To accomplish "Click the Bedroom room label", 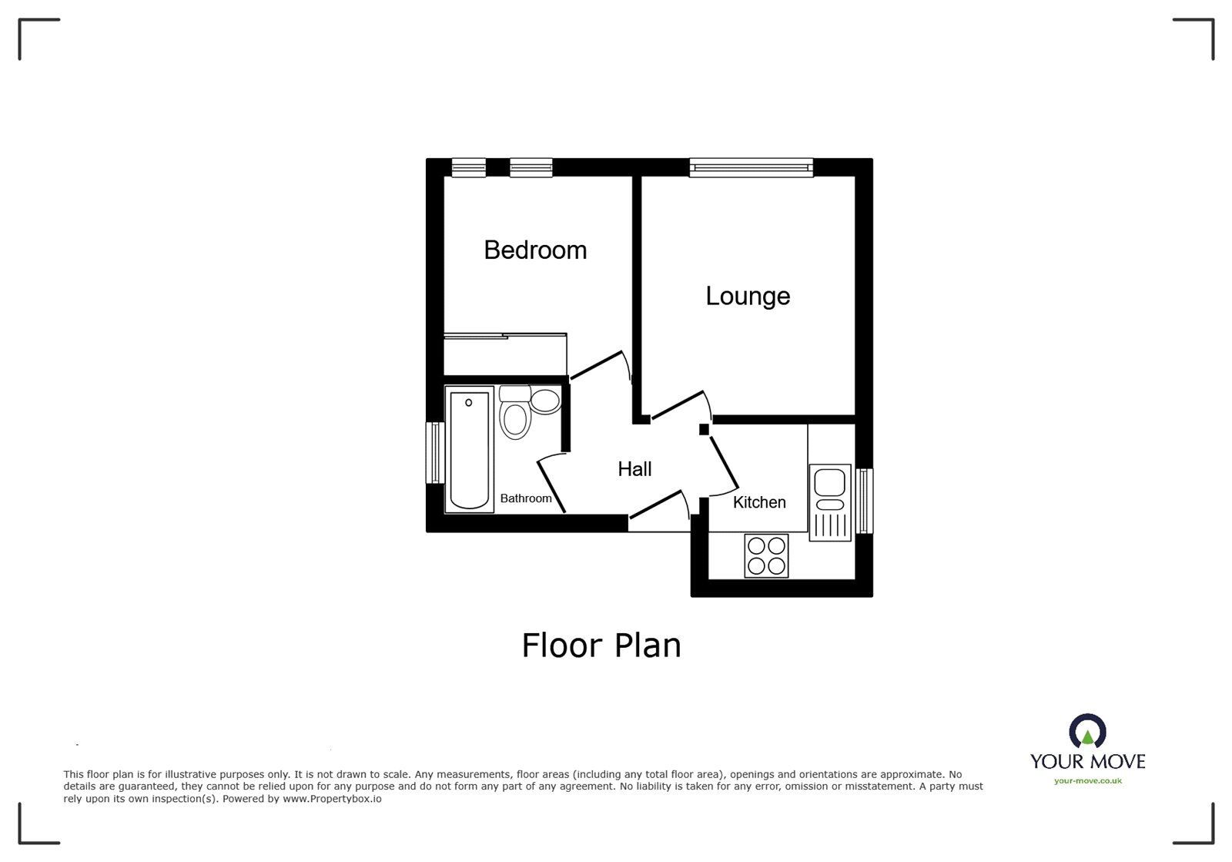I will pos(535,250).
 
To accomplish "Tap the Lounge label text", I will pos(748,297).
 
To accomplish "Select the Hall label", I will pos(634,469).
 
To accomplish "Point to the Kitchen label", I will pos(759,502).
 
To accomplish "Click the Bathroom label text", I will pos(526,498).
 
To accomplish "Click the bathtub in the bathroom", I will pos(470,450).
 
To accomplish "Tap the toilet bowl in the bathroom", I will pos(514,421).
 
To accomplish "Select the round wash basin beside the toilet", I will pos(545,401).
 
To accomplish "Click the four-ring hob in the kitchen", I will pos(766,556).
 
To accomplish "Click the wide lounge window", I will pos(751,167).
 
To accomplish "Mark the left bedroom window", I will pos(469,167).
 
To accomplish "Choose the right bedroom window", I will pos(531,167).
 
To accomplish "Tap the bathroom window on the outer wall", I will pos(436,453).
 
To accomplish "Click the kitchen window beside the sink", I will pos(865,501).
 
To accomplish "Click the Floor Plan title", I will pos(601,646).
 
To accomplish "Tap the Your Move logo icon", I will pos(1087,732).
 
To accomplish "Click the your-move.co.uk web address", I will pos(1087,781).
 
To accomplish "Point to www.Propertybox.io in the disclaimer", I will pos(332,799).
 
